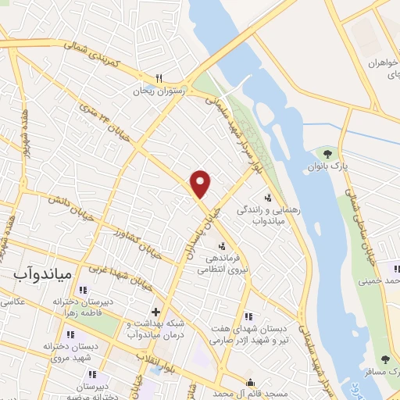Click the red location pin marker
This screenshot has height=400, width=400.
click(202, 184)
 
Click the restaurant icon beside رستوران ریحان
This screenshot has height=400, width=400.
click(159, 78)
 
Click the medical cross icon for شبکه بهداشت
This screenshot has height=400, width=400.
click(155, 312)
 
